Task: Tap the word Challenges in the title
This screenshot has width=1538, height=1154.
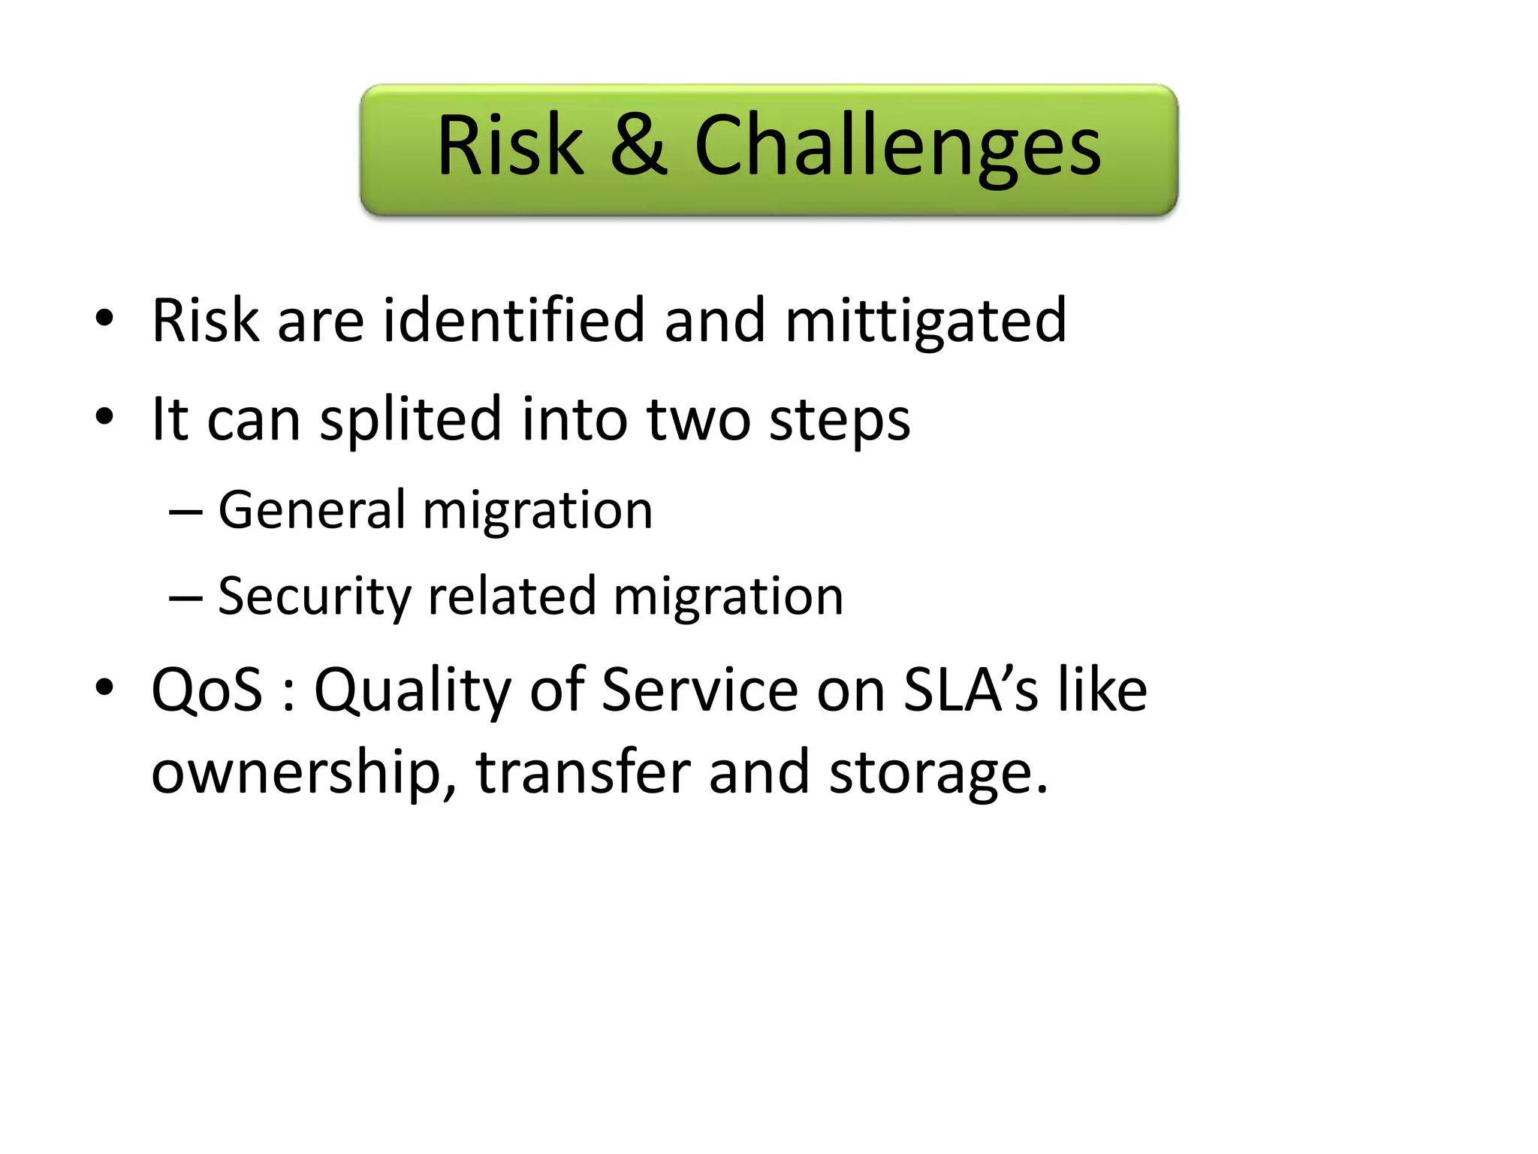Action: pyautogui.click(x=897, y=147)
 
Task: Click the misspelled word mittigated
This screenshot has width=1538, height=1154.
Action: pyautogui.click(x=925, y=322)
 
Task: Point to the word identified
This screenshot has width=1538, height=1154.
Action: pyautogui.click(x=514, y=320)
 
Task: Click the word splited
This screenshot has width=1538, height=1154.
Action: pyautogui.click(x=410, y=419)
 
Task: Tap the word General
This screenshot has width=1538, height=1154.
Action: pyautogui.click(x=311, y=510)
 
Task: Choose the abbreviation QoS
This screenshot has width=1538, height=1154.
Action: pyautogui.click(x=207, y=690)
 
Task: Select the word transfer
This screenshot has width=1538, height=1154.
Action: pyautogui.click(x=582, y=772)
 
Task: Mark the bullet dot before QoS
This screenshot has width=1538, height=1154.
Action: pyautogui.click(x=104, y=687)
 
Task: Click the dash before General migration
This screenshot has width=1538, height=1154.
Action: pyautogui.click(x=185, y=512)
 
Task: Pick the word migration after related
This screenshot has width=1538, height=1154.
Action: pyautogui.click(x=728, y=597)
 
